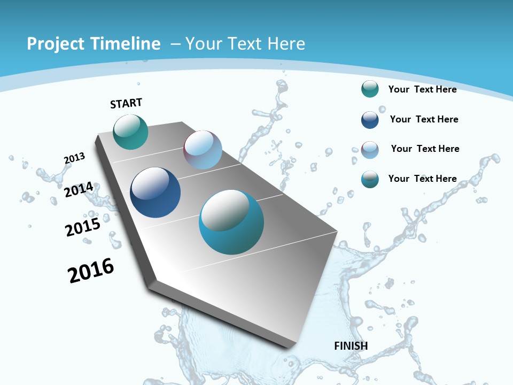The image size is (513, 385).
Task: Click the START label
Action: tap(126, 103)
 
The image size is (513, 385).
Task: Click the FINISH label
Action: tap(351, 346)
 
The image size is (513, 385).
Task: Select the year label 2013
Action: tap(74, 158)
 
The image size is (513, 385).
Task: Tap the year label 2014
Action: tap(79, 190)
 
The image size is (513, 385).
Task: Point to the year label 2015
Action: tap(83, 227)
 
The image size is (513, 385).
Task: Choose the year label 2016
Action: tap(91, 271)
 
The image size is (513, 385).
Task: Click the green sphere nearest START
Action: tap(130, 132)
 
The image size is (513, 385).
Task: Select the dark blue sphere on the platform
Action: tap(155, 192)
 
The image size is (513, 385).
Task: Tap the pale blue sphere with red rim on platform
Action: tap(203, 150)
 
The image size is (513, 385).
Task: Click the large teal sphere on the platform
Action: tap(231, 221)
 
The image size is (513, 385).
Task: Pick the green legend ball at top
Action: tap(370, 89)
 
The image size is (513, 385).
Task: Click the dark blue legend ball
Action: tap(370, 119)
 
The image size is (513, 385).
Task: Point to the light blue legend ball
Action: tap(370, 149)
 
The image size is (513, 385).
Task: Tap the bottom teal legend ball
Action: tap(370, 179)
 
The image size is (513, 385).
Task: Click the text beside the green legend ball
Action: tap(422, 89)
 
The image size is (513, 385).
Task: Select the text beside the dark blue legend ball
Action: tap(424, 119)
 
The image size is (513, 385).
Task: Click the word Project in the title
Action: tap(55, 44)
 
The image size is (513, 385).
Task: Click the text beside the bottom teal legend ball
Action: tap(422, 179)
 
